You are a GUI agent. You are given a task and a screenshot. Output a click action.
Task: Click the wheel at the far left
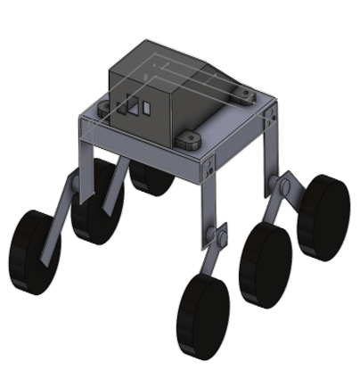34,251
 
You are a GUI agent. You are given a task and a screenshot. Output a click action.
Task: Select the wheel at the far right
323,217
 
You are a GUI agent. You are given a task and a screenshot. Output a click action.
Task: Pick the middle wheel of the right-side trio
265,265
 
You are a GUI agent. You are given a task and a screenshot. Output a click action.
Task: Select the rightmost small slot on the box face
146,108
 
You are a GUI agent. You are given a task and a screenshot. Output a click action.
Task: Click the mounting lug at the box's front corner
188,140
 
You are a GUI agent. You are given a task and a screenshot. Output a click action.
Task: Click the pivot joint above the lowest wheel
214,239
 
